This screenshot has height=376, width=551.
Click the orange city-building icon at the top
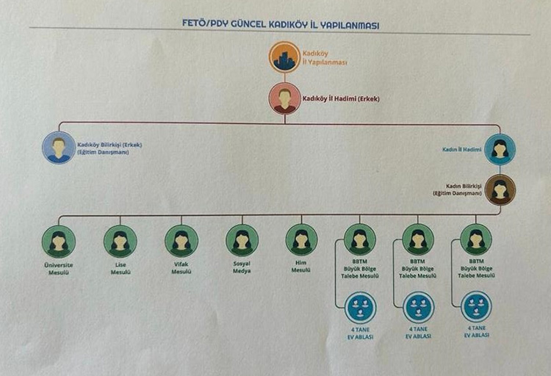[284, 57]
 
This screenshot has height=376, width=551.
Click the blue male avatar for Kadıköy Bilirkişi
[59, 148]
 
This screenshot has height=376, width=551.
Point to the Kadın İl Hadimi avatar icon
[500, 148]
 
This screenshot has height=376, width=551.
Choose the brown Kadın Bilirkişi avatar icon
[500, 189]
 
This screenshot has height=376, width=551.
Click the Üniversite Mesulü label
[59, 268]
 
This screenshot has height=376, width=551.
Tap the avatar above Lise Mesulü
[120, 240]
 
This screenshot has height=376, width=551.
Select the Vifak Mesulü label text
[181, 268]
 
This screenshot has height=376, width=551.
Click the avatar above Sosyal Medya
[242, 240]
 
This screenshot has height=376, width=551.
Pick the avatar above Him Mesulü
[301, 240]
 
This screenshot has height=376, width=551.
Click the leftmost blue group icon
[360, 306]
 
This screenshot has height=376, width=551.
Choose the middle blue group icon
[419, 306]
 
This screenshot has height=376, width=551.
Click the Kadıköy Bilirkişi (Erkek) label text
[109, 148]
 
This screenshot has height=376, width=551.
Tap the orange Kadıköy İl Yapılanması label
[322, 57]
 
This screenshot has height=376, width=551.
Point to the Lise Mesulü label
[120, 268]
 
